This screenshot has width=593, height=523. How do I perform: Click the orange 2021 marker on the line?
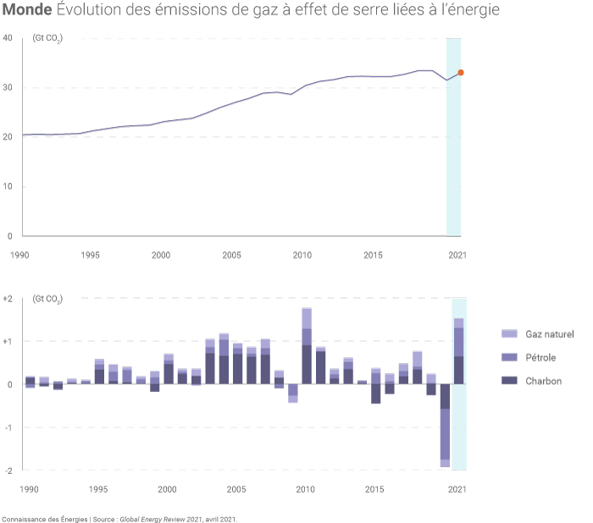click(461, 73)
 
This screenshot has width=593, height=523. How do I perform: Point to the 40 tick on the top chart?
click(7, 39)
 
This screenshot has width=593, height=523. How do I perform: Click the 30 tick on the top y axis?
click(7, 88)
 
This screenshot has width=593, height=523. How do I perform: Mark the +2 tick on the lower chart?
click(8, 299)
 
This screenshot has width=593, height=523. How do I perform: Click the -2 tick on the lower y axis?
click(8, 470)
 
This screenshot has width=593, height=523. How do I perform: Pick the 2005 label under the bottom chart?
click(236, 489)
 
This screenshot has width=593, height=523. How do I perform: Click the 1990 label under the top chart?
click(19, 255)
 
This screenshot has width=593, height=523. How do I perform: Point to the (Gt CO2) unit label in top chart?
click(47, 40)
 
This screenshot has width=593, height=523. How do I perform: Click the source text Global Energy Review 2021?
click(161, 518)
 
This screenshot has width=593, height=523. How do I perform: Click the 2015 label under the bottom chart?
click(375, 489)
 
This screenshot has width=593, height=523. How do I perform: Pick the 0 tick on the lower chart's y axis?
click(8, 384)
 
